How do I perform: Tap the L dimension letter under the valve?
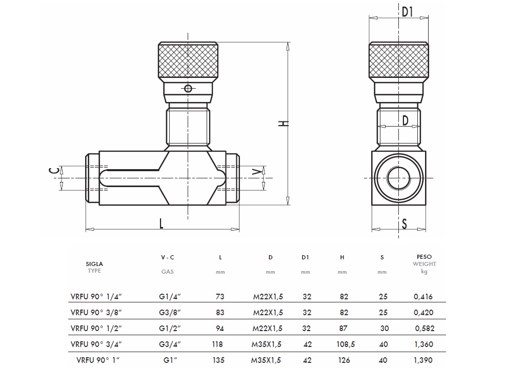(x=161, y=223)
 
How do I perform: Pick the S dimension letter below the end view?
(x=404, y=224)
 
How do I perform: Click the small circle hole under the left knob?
(x=188, y=89)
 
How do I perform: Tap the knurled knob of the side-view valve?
(x=188, y=61)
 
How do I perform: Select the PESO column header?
(x=424, y=257)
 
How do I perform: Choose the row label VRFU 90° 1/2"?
(x=95, y=328)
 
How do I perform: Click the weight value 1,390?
(x=423, y=360)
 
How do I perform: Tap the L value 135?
(x=218, y=360)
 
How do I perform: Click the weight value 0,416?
(x=423, y=296)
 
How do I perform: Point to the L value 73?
(x=220, y=296)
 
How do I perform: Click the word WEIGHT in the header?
(x=424, y=264)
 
